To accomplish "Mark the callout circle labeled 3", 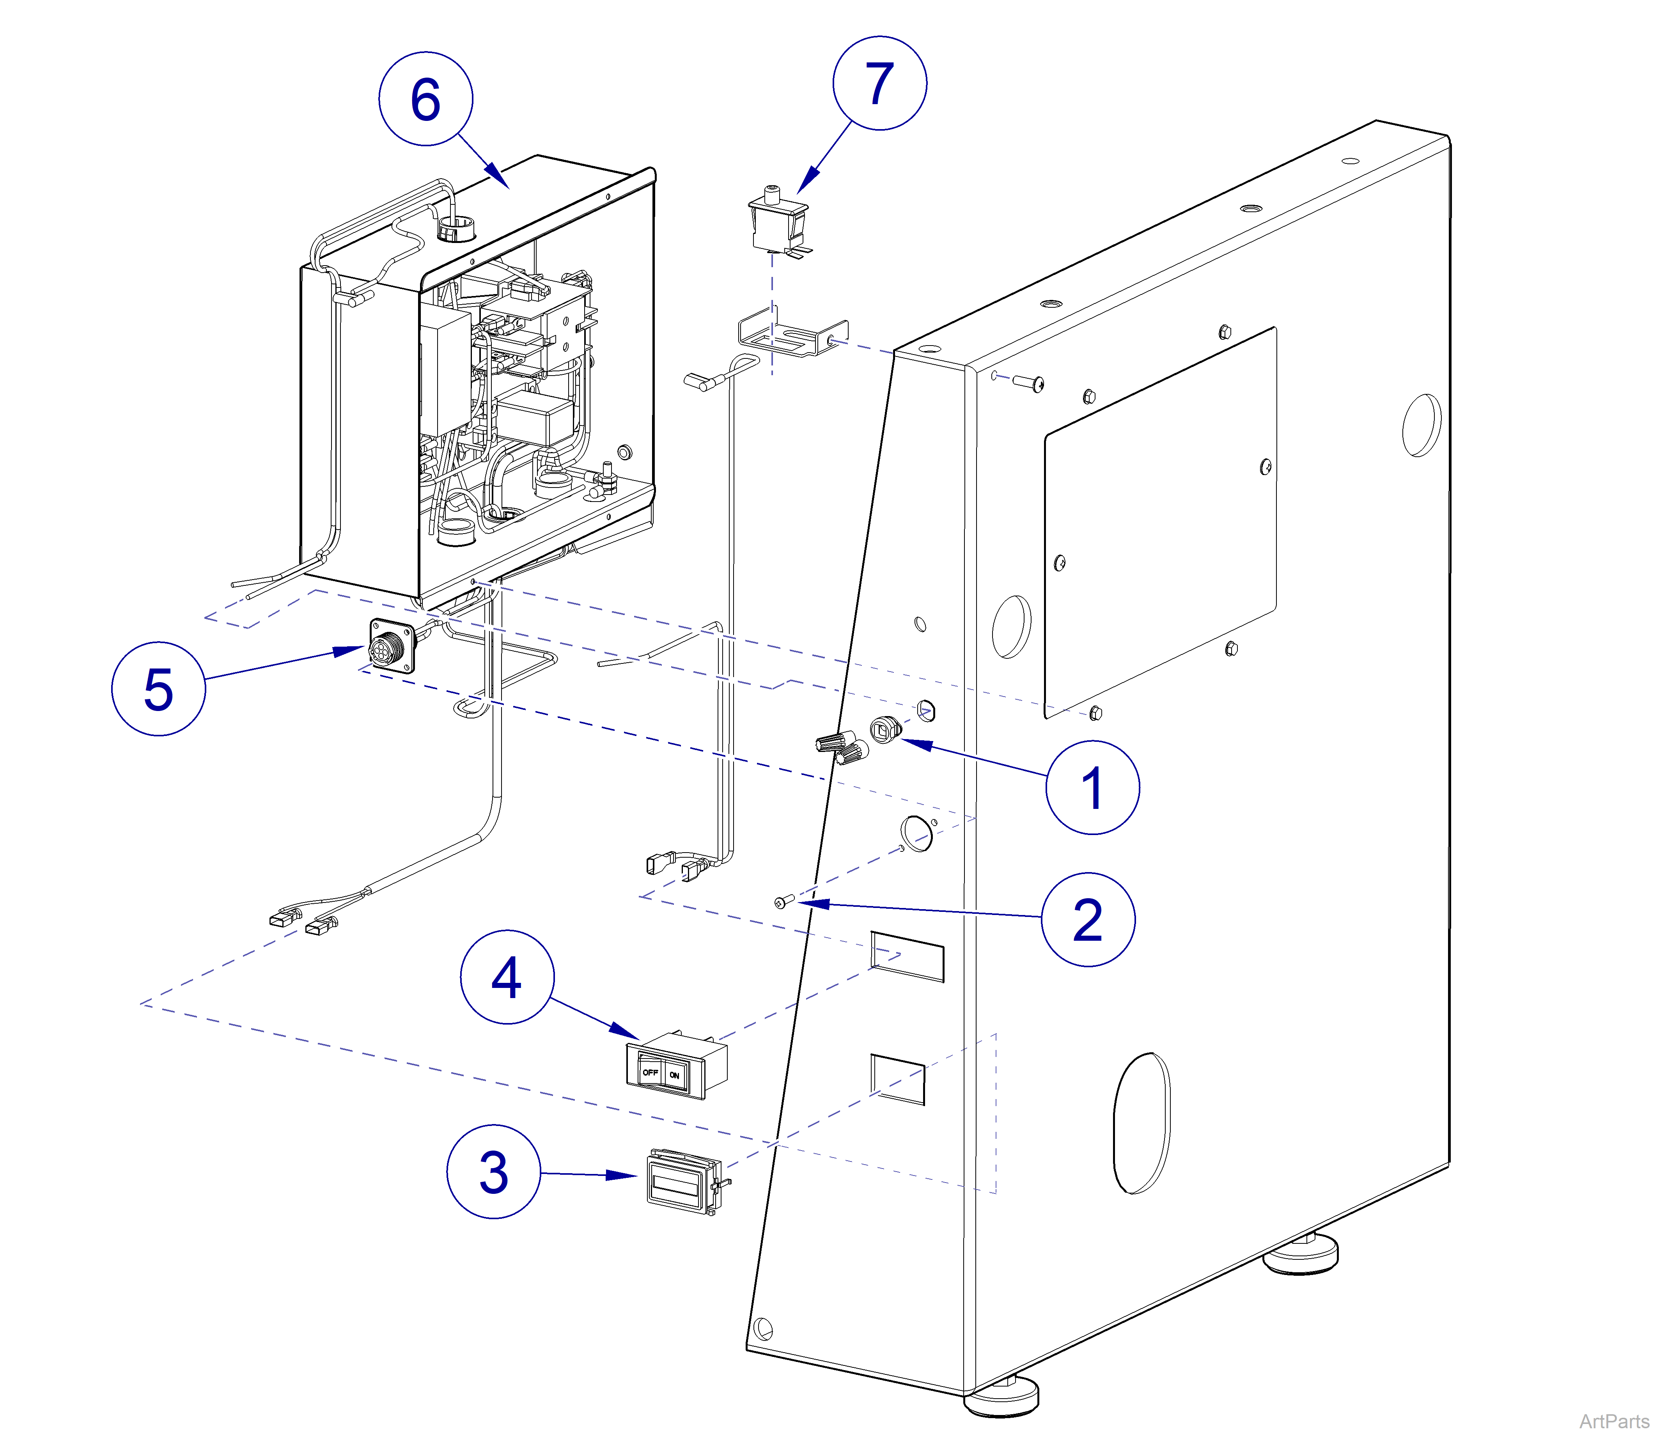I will pyautogui.click(x=493, y=1171).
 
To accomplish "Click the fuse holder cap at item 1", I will pyautogui.click(x=883, y=729).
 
